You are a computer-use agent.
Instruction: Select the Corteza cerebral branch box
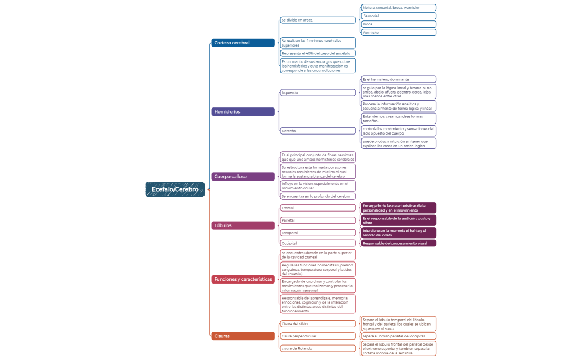243,43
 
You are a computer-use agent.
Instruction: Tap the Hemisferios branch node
243,112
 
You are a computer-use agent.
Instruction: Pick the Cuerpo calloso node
243,177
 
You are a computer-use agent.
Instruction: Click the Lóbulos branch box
243,225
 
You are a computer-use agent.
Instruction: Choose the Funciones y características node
243,279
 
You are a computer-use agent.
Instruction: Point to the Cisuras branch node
243,336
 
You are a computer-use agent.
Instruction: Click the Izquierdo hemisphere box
318,92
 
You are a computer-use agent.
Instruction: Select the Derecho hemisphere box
318,131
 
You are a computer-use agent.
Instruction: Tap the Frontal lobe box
318,208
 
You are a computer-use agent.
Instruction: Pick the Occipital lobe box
318,243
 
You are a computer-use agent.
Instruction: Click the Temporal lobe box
318,233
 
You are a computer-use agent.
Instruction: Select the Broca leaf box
398,24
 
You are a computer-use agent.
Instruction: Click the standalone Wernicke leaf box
398,33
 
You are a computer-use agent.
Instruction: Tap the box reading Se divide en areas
318,20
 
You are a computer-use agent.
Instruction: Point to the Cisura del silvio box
318,324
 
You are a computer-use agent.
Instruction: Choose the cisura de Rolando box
318,348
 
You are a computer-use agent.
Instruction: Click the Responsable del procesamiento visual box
398,243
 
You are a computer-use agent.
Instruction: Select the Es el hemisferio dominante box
398,79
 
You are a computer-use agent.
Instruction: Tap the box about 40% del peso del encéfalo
318,53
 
